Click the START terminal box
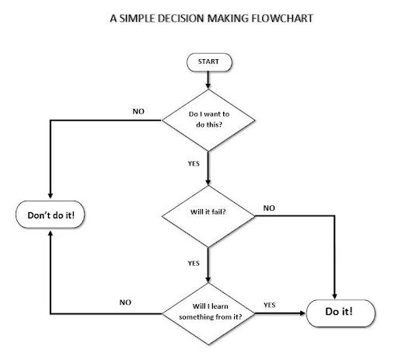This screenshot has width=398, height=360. click(x=208, y=61)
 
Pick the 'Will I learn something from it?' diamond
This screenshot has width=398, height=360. click(x=208, y=313)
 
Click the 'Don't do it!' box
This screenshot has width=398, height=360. click(x=51, y=214)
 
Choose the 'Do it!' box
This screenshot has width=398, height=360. click(x=339, y=313)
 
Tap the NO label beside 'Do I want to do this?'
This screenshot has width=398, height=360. click(x=139, y=110)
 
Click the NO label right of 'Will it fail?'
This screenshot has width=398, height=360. click(x=269, y=208)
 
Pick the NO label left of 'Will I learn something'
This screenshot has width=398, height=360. click(x=124, y=302)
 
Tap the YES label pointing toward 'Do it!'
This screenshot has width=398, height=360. click(x=270, y=304)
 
